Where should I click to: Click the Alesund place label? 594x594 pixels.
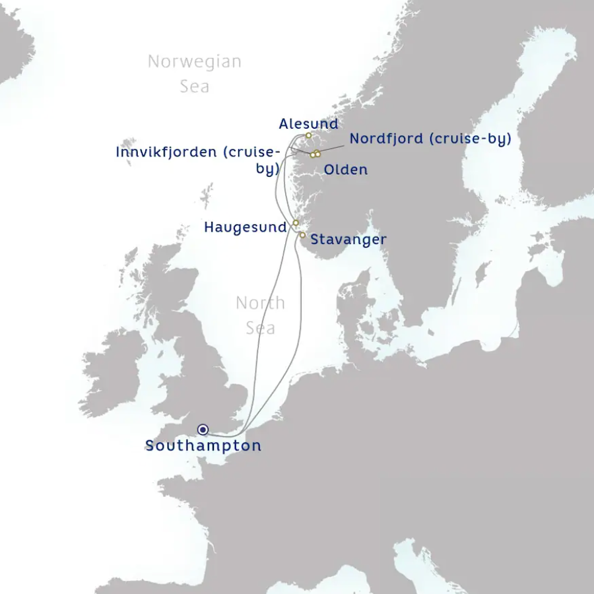[x=308, y=124]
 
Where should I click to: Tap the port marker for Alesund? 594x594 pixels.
[x=308, y=135]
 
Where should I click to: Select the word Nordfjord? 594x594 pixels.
[x=387, y=139]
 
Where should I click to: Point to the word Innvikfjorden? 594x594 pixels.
[x=166, y=152]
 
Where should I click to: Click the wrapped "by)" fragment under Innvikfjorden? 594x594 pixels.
[x=267, y=169]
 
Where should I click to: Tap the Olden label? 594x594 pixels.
[x=345, y=170]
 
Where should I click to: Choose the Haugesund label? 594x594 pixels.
[x=246, y=227]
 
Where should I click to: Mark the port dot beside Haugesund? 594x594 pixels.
[x=296, y=223]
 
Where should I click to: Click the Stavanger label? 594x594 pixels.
[x=348, y=240]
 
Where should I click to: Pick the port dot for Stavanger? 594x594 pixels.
[x=302, y=234]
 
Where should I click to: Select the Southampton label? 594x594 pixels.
[x=203, y=445]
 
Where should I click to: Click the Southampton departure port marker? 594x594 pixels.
[x=203, y=430]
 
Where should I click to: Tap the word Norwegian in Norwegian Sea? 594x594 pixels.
[x=194, y=62]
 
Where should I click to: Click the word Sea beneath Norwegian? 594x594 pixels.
[x=195, y=86]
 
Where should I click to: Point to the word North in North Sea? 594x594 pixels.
[x=260, y=304]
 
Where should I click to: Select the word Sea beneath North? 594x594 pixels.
[x=260, y=328]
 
